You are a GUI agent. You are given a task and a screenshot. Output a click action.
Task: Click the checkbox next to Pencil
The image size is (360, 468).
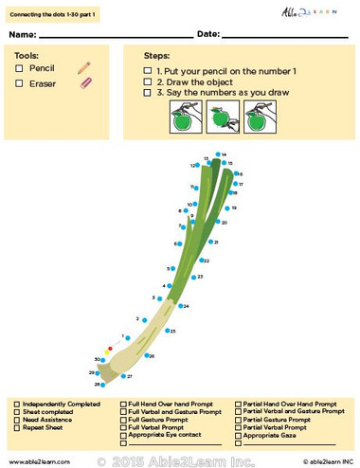20,69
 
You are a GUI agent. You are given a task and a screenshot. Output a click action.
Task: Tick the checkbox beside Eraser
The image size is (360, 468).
20,83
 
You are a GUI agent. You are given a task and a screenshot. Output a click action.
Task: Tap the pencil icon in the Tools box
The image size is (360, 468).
83,68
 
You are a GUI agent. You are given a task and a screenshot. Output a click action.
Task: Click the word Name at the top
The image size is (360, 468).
26,34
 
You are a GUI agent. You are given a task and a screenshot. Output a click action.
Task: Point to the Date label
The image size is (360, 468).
209,34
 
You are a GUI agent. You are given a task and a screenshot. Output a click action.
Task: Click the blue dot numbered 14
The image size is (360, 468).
218,153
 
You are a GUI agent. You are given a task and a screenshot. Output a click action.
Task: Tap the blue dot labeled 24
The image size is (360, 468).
180,307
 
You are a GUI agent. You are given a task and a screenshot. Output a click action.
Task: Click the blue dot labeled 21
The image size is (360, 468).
211,243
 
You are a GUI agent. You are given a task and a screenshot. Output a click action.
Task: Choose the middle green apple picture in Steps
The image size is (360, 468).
218,119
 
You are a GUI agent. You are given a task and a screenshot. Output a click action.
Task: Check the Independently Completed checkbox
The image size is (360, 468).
16,404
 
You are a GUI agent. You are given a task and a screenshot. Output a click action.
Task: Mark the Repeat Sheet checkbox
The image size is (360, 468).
16,426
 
